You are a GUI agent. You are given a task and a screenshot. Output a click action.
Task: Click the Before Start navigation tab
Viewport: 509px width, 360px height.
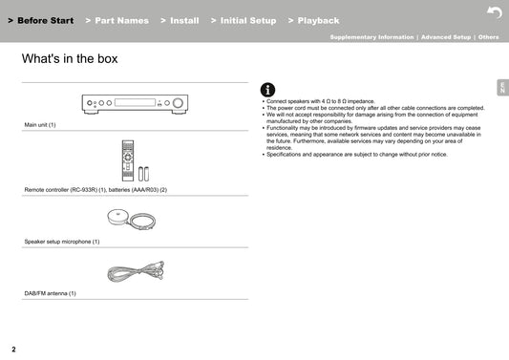tap(41, 20)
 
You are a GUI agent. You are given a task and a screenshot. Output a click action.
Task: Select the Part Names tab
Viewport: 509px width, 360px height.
tap(117, 20)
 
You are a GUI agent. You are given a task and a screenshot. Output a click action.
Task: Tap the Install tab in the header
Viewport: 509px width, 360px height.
tap(180, 20)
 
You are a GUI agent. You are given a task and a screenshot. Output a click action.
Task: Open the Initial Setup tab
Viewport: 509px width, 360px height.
tap(244, 20)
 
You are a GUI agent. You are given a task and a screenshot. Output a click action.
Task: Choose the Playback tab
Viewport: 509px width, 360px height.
tap(313, 20)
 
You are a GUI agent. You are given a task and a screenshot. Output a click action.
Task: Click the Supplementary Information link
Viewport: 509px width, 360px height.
tap(371, 37)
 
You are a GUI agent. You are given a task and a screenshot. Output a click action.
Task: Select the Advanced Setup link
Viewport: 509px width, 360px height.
tap(446, 37)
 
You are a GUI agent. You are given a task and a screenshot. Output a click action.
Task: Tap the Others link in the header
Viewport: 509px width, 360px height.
tap(488, 37)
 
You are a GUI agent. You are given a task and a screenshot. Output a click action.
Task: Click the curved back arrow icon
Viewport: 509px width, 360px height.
tap(495, 12)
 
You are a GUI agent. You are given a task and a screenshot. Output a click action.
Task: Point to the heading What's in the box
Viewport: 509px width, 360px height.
tap(70, 59)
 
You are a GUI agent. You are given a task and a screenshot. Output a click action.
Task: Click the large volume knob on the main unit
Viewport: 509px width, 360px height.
tap(178, 103)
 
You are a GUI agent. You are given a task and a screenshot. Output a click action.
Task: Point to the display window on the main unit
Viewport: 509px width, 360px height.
tap(135, 102)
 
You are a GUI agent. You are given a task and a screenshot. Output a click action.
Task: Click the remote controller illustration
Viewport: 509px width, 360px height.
tap(128, 160)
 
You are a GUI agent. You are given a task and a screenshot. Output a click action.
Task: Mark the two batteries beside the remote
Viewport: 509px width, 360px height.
tap(143, 174)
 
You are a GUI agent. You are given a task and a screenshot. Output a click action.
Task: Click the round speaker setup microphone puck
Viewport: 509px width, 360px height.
tap(117, 217)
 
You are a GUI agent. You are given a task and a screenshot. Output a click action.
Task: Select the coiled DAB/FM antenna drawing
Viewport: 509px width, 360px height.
tap(136, 271)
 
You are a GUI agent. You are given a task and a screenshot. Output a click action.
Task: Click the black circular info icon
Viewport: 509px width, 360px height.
tap(267, 90)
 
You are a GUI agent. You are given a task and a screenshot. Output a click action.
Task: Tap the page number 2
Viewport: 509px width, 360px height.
tap(13, 349)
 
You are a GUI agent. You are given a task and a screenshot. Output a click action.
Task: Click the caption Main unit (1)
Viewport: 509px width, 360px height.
tap(40, 125)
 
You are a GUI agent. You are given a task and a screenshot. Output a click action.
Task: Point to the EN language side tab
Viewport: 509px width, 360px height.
tap(502, 88)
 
